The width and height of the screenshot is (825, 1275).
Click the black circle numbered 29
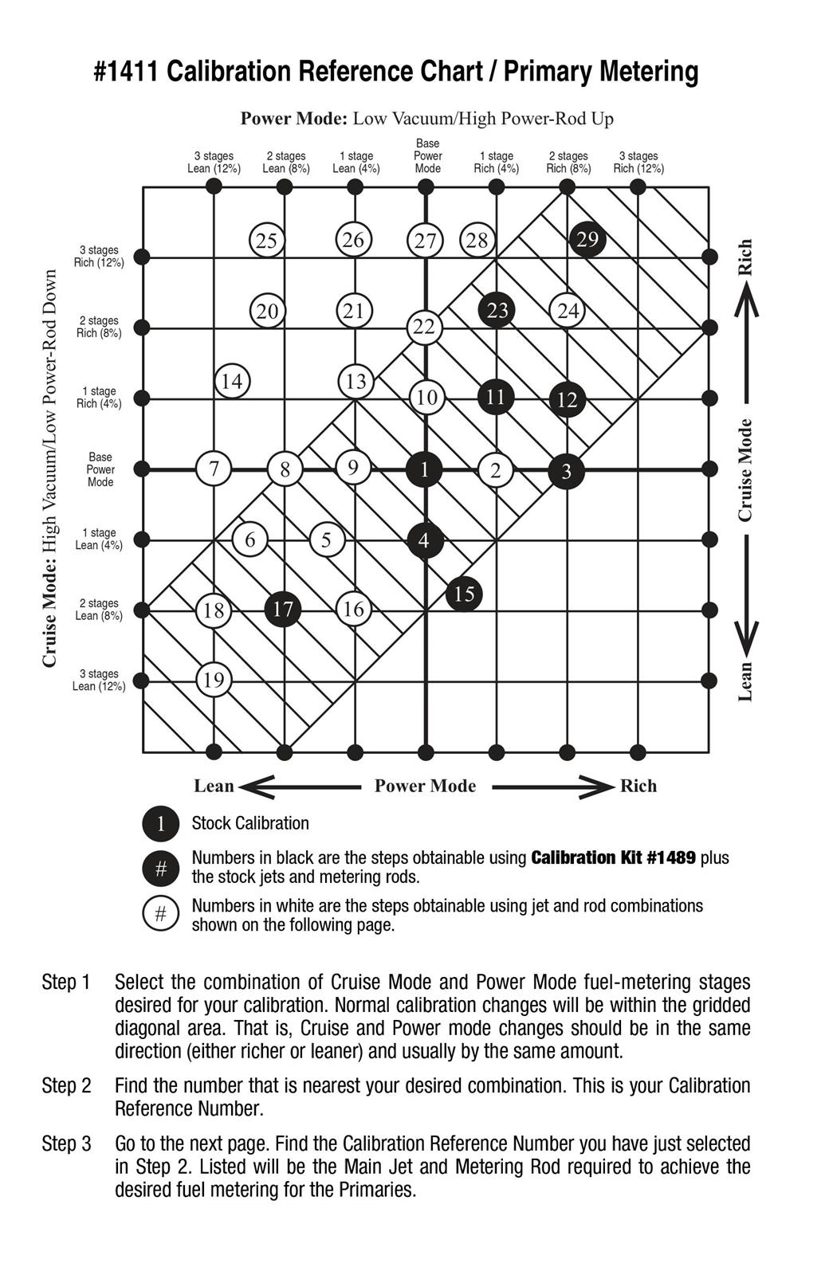tap(587, 239)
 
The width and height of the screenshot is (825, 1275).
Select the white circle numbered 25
tap(267, 240)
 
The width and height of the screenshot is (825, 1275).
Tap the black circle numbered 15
tap(464, 594)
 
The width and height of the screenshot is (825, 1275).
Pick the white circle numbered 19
tap(214, 680)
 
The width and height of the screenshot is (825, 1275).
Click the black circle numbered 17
tap(283, 610)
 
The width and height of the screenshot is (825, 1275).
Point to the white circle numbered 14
tap(232, 382)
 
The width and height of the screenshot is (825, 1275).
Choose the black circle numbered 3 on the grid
tap(566, 471)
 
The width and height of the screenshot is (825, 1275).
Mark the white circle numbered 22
tap(424, 327)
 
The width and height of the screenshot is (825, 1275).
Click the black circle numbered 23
tap(497, 310)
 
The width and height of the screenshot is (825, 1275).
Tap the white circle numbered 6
tap(249, 539)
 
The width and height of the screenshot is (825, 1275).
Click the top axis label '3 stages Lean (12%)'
tap(214, 163)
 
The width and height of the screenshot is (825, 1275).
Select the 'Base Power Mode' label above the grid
tap(427, 156)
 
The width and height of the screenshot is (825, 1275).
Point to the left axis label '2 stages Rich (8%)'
tap(98, 327)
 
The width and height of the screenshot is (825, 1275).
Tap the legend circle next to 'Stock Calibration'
tap(161, 824)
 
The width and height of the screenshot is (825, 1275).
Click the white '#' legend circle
tap(161, 914)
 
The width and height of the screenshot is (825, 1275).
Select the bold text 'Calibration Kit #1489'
tap(613, 858)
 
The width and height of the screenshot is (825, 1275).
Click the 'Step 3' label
tap(66, 1144)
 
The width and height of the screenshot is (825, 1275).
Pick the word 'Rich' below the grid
tap(638, 787)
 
